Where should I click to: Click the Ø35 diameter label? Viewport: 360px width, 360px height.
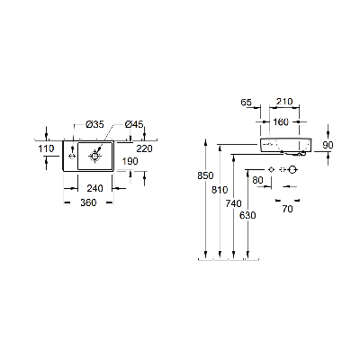coord(94,124)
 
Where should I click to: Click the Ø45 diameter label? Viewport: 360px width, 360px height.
coord(134,124)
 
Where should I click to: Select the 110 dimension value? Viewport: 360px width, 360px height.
coord(46,148)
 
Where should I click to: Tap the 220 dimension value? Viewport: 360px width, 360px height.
coord(145,148)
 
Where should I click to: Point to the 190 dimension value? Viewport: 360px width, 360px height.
coord(130,161)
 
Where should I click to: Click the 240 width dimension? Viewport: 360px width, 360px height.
coord(94,188)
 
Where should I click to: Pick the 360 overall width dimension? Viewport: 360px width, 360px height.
coord(88,202)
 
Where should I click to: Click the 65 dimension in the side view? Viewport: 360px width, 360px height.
coord(246,103)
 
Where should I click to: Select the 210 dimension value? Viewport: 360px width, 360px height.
coord(284,102)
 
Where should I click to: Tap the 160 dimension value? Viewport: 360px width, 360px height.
coord(281,121)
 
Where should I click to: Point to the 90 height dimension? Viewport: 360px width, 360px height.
coord(328,145)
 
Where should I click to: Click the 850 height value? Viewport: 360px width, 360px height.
coord(205,175)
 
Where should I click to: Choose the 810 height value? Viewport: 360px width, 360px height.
coord(220,190)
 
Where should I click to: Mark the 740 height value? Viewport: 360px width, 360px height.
coord(234,203)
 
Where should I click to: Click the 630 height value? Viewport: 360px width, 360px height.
coord(247,215)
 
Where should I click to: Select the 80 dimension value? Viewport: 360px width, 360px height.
coord(257,180)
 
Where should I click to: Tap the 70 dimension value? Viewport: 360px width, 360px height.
coord(287,209)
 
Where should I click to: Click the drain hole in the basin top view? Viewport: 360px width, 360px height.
coord(94,156)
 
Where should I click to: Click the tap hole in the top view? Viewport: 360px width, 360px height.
coord(72,156)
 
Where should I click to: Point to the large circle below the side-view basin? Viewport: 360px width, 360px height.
coord(292,170)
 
